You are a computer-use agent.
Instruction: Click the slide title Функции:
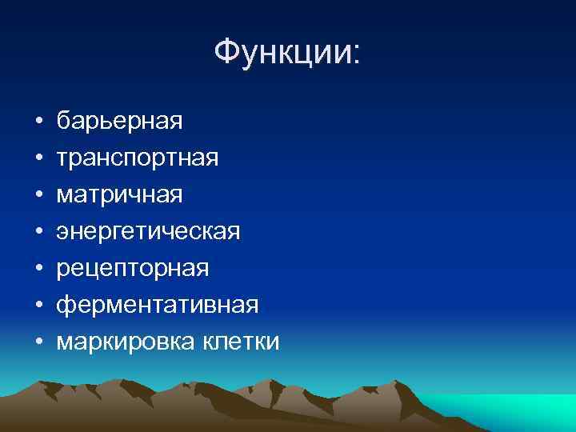click(x=287, y=53)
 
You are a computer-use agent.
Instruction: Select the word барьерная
click(x=119, y=122)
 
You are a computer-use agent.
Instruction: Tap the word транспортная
click(x=137, y=158)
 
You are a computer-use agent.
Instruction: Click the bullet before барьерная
click(x=38, y=123)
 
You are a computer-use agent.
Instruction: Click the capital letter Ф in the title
click(x=228, y=53)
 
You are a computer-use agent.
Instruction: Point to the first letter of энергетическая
click(x=62, y=234)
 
